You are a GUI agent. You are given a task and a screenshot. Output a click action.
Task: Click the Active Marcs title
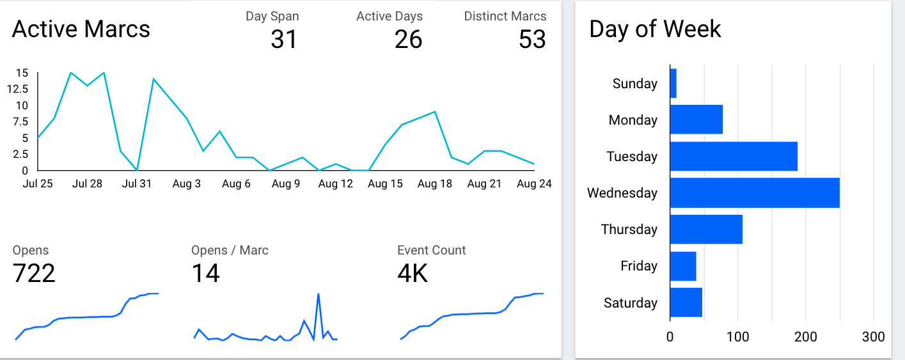[x=81, y=29]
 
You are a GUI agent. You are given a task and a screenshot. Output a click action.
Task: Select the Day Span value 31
[x=284, y=40]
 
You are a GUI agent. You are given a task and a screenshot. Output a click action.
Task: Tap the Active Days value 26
[x=408, y=40]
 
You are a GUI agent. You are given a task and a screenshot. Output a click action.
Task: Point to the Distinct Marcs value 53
[x=532, y=40]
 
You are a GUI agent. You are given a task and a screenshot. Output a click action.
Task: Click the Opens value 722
[x=34, y=274]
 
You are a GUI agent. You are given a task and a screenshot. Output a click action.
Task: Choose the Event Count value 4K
[x=413, y=274]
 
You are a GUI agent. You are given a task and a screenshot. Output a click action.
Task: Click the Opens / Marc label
[x=230, y=251]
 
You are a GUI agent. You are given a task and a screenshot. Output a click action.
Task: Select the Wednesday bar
[x=755, y=193]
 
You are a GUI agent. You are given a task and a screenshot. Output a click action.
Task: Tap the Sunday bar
[x=673, y=84]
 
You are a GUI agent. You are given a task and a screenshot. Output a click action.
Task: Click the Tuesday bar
[x=734, y=157]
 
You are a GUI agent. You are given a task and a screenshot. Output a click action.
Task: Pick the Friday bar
[x=683, y=267]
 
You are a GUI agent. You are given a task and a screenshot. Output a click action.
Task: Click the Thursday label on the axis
[x=629, y=230]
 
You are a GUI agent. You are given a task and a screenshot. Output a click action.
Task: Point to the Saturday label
[x=630, y=303]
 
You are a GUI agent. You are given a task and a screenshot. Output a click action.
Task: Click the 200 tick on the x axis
[x=805, y=337]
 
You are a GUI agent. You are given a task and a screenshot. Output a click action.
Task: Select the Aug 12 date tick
[x=336, y=184]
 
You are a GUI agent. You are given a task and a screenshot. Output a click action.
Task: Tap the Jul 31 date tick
[x=137, y=184]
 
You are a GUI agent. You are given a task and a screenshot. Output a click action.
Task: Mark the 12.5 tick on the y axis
[x=18, y=89]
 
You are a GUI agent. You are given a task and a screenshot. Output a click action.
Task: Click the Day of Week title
[x=655, y=29]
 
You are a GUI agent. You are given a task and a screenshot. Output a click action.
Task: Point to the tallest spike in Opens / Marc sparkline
[x=318, y=294]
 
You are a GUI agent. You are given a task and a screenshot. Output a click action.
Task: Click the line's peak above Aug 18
[x=435, y=113]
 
